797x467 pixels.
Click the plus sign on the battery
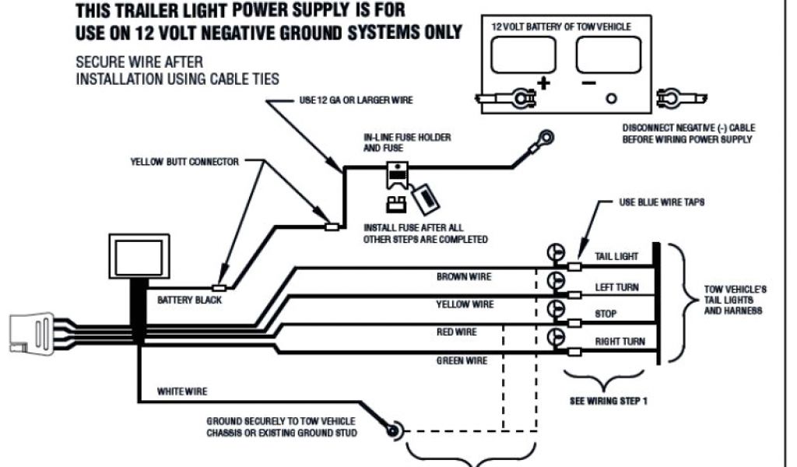pyautogui.click(x=543, y=82)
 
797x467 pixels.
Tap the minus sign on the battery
pyautogui.click(x=588, y=82)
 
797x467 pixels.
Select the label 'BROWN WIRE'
pyautogui.click(x=464, y=277)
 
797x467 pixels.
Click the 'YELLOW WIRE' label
pyautogui.click(x=465, y=304)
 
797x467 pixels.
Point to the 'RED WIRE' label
pyautogui.click(x=457, y=332)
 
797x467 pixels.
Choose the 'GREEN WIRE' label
pyautogui.click(x=462, y=361)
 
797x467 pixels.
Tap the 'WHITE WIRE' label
pyautogui.click(x=182, y=391)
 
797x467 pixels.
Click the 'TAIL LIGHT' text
pyautogui.click(x=617, y=257)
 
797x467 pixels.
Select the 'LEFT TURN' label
pyautogui.click(x=617, y=287)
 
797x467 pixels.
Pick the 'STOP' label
pyautogui.click(x=606, y=314)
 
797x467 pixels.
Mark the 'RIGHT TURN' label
pyautogui.click(x=620, y=342)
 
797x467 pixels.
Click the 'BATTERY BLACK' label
pyautogui.click(x=189, y=300)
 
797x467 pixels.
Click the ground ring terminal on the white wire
pyautogui.click(x=391, y=427)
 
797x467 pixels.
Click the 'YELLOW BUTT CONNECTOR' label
pyautogui.click(x=184, y=163)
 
